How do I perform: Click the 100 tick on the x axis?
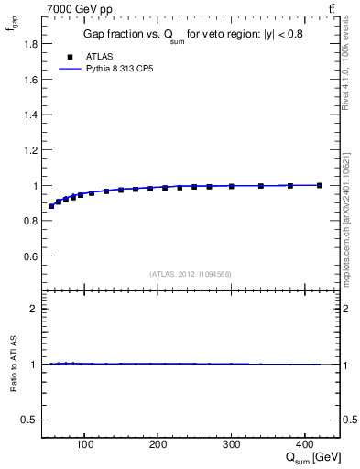(85, 447)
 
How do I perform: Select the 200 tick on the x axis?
(158, 447)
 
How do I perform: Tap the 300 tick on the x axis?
(232, 447)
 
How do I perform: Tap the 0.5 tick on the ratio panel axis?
(30, 420)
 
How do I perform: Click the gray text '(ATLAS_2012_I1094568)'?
(190, 273)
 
